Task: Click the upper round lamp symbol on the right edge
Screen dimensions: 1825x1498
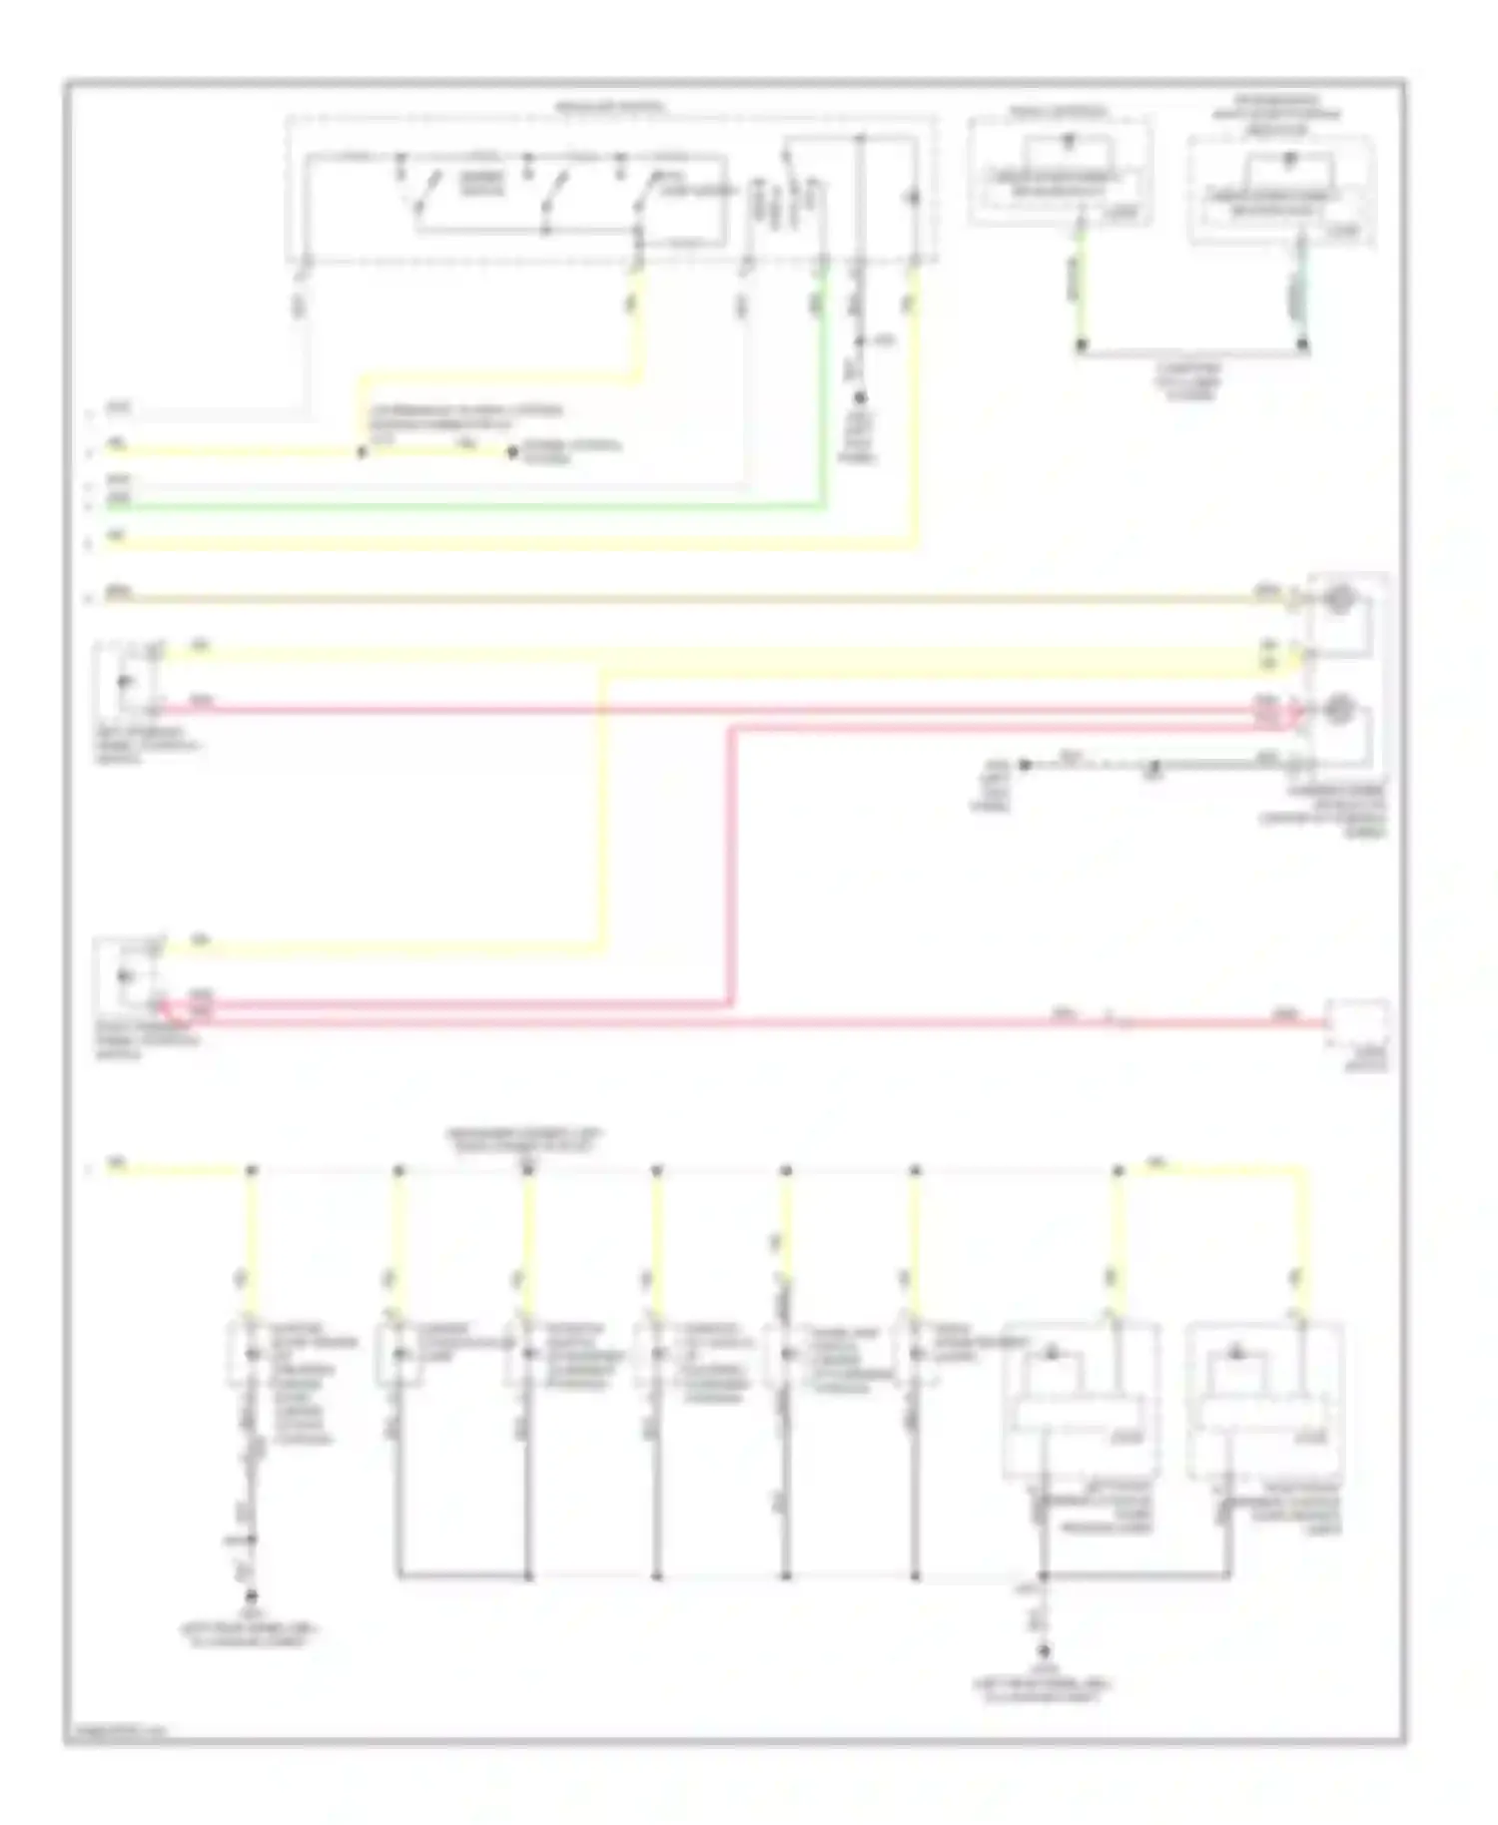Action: coord(1338,600)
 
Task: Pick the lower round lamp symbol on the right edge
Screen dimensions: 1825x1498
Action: coord(1338,711)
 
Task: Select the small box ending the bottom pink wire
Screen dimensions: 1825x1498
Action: coord(1356,1022)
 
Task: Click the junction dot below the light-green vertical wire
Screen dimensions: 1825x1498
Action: coord(1081,346)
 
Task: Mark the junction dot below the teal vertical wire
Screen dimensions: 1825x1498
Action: coord(1303,346)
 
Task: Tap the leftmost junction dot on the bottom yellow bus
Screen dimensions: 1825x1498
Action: coord(252,1170)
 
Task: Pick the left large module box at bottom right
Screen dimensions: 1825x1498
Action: coord(1081,1400)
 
